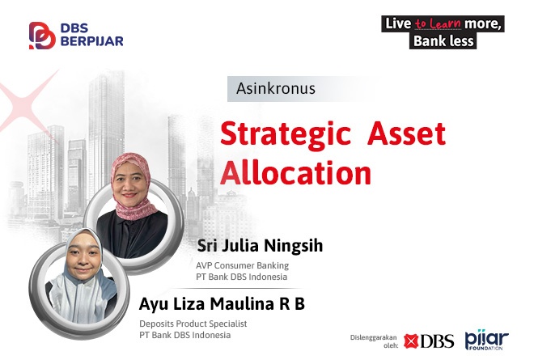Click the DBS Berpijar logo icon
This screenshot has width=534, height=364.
[x=42, y=36]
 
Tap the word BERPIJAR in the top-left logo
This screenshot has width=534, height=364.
[x=92, y=41]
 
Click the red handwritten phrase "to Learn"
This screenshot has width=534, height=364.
[x=438, y=23]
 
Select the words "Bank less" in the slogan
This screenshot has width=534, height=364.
[x=443, y=41]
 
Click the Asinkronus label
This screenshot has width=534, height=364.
[x=276, y=88]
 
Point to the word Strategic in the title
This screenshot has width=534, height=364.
[x=286, y=133]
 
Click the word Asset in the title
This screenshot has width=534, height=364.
[x=406, y=133]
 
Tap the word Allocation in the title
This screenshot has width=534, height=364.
[x=295, y=172]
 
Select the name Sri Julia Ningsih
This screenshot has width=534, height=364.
[x=260, y=245]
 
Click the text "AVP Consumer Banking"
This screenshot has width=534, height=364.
[x=242, y=265]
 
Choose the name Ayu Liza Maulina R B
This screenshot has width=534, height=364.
[x=222, y=303]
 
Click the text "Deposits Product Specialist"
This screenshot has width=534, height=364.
[x=193, y=324]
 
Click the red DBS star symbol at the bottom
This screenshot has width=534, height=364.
[x=411, y=341]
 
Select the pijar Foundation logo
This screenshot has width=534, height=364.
[x=486, y=340]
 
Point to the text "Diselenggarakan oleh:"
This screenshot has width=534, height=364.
[x=374, y=341]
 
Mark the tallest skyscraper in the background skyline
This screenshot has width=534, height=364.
[x=105, y=136]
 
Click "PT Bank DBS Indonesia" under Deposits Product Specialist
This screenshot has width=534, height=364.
[x=185, y=335]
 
